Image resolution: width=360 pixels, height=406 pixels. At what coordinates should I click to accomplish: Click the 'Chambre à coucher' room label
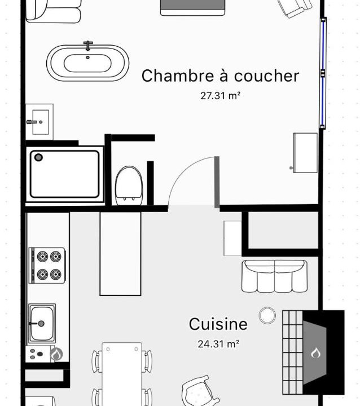pyautogui.click(x=220, y=76)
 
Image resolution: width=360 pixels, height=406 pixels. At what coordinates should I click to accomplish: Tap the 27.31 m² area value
pyautogui.click(x=220, y=96)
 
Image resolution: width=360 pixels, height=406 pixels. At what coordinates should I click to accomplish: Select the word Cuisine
pyautogui.click(x=218, y=324)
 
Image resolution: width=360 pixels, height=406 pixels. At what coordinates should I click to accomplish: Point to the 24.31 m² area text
pyautogui.click(x=218, y=344)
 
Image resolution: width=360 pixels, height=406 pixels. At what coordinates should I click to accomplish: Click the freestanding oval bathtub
pyautogui.click(x=87, y=63)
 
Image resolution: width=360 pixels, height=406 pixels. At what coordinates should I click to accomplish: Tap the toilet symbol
pyautogui.click(x=129, y=186)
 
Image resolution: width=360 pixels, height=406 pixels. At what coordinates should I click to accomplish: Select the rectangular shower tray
pyautogui.click(x=64, y=174)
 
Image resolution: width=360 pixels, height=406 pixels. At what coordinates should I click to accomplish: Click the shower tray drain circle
pyautogui.click(x=38, y=157)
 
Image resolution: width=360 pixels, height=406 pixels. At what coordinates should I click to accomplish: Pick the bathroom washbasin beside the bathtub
pyautogui.click(x=39, y=122)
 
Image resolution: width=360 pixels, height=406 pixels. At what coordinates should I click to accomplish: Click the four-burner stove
pyautogui.click(x=47, y=266)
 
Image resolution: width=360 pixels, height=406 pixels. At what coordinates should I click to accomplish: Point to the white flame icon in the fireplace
pyautogui.click(x=315, y=352)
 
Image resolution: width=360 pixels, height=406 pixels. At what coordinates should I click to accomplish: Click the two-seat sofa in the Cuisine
pyautogui.click(x=274, y=276)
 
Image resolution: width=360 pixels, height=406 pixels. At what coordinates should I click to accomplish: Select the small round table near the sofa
pyautogui.click(x=267, y=315)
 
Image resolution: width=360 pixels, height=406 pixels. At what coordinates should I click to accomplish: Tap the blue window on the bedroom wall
pyautogui.click(x=323, y=73)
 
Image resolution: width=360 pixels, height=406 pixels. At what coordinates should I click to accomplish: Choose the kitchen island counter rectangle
pyautogui.click(x=121, y=254)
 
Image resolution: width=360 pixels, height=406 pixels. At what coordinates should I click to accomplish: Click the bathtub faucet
pyautogui.click(x=88, y=46)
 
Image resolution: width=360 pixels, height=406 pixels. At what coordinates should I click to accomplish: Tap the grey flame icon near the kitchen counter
pyautogui.click(x=56, y=354)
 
